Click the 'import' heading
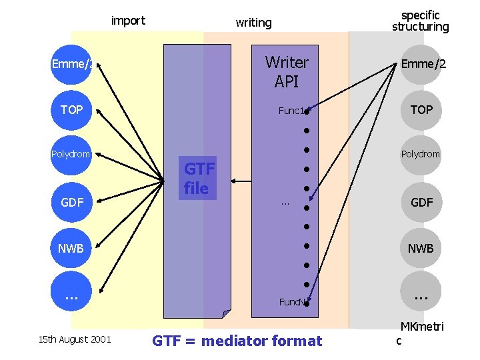128,21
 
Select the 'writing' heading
253,23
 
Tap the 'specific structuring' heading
420,21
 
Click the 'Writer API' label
287,72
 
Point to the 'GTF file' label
198,179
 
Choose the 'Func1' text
291,111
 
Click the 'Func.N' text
292,302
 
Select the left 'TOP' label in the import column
71,109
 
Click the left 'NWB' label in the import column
71,249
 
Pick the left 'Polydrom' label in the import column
71,154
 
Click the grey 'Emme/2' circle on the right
422,65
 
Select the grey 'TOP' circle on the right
421,109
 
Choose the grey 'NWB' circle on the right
421,249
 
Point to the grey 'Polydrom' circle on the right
421,154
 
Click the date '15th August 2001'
74,340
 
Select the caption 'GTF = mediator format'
237,341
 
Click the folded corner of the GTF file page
226,313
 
